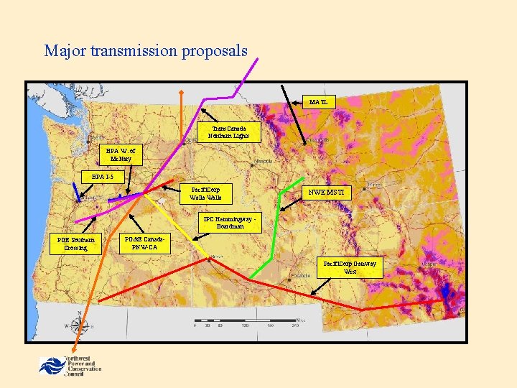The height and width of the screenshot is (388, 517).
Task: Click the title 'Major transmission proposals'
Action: (x=146, y=51)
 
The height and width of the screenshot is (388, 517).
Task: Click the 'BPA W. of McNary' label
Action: (x=121, y=155)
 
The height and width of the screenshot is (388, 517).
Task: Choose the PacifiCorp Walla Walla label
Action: (x=205, y=193)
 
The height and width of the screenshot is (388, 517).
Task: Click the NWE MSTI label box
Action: (x=327, y=193)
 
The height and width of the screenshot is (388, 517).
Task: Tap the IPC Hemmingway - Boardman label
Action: (x=229, y=223)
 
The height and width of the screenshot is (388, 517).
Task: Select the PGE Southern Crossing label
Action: (x=76, y=244)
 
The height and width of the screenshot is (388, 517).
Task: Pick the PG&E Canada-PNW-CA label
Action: (x=145, y=244)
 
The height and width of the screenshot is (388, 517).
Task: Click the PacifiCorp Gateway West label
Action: (x=350, y=267)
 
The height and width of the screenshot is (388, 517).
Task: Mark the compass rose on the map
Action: (x=79, y=325)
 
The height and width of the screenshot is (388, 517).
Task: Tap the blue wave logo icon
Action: (x=50, y=365)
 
